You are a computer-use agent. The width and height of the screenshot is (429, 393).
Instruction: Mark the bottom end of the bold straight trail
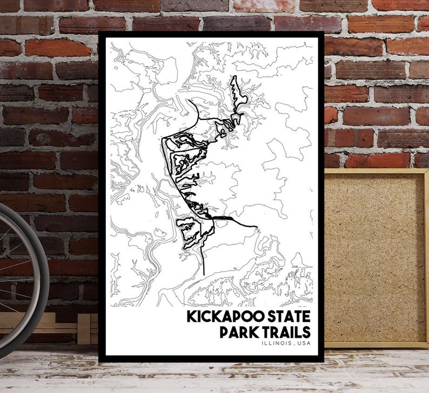[x=203, y=274]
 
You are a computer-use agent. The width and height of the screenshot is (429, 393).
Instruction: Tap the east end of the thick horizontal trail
[x=257, y=226]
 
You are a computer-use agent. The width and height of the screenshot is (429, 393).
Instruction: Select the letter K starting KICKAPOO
[x=191, y=316]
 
